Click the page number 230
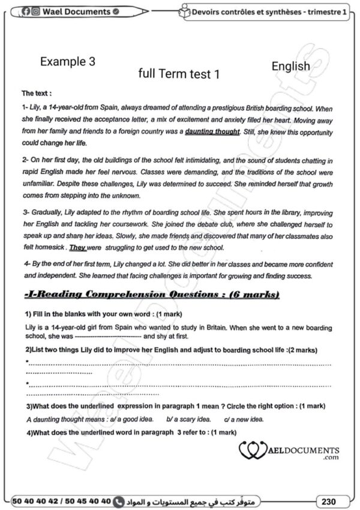[x=328, y=500]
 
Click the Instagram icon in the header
[x=35, y=11]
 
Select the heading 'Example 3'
[x=67, y=62]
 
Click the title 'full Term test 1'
[x=179, y=74]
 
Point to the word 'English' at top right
[x=290, y=66]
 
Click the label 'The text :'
[x=37, y=94]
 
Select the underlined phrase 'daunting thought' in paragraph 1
[x=212, y=131]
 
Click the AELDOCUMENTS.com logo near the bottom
[x=289, y=451]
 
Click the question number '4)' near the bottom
[x=31, y=432]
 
